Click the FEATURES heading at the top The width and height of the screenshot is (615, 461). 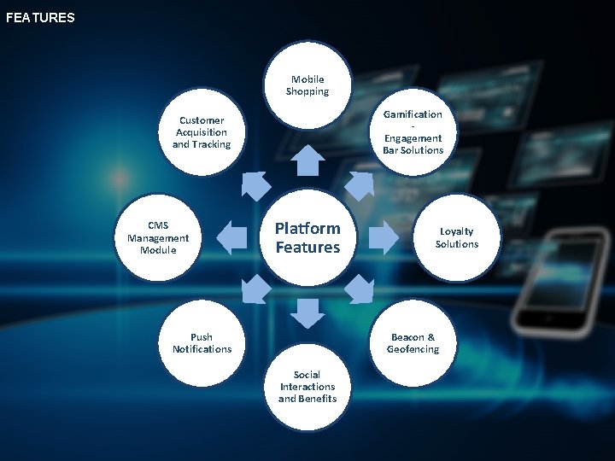[x=40, y=17]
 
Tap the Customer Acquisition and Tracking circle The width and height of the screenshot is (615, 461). [x=202, y=133]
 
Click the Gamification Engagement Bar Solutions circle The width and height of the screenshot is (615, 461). [x=413, y=132]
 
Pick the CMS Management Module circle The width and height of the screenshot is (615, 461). [x=158, y=238]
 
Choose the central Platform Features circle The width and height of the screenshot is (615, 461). [x=307, y=238]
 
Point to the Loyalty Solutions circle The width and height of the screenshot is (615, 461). [x=456, y=238]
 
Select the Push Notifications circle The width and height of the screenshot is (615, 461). [x=202, y=343]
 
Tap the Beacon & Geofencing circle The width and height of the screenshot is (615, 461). [x=413, y=343]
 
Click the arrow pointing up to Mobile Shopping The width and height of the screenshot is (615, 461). [x=307, y=160]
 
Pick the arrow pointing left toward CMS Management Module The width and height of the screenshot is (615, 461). [x=231, y=238]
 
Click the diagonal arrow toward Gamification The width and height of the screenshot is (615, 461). [x=360, y=185]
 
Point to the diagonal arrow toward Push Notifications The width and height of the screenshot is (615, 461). [x=255, y=291]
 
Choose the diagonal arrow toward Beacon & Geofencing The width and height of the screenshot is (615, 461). [x=360, y=291]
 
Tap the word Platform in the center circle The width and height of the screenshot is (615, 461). [x=307, y=229]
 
